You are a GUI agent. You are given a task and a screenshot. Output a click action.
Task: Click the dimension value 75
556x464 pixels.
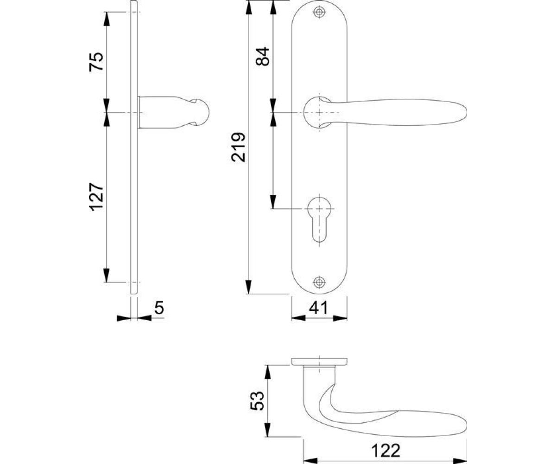click(x=96, y=62)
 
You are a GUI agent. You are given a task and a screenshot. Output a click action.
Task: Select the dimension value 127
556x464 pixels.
click(x=96, y=197)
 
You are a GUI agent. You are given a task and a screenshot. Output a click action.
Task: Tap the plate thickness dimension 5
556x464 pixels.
click(x=159, y=308)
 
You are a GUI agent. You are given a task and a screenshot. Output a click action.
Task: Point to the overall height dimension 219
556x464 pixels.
click(x=238, y=147)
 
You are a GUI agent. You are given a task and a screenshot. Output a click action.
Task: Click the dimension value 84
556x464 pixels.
click(x=263, y=56)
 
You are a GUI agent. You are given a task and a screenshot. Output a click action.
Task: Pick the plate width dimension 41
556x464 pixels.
click(x=318, y=308)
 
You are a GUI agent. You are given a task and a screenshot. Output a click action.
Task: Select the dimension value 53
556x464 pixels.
click(x=257, y=400)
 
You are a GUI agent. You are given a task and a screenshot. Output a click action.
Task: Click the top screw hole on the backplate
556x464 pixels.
click(x=319, y=12)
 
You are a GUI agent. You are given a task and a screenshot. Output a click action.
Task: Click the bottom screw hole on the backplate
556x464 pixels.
click(x=319, y=282)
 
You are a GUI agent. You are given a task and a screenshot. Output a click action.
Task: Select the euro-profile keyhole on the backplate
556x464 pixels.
click(x=319, y=219)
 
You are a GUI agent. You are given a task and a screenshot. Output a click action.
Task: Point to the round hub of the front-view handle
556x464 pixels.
click(x=317, y=112)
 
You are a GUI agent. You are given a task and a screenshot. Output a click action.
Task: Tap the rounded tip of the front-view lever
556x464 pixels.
click(x=464, y=113)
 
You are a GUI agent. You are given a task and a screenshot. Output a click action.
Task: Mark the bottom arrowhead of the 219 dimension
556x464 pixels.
click(x=248, y=287)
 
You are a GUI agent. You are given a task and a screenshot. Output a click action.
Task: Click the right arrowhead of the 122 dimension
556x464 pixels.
click(x=460, y=461)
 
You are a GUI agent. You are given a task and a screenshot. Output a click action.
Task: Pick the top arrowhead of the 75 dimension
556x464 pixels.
click(x=107, y=19)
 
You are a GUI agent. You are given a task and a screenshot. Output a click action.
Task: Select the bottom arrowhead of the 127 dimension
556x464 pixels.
click(x=107, y=275)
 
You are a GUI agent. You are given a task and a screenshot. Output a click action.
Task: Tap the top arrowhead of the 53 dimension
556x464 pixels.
click(x=268, y=372)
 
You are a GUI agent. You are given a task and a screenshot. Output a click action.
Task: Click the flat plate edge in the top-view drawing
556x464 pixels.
click(x=319, y=361)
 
